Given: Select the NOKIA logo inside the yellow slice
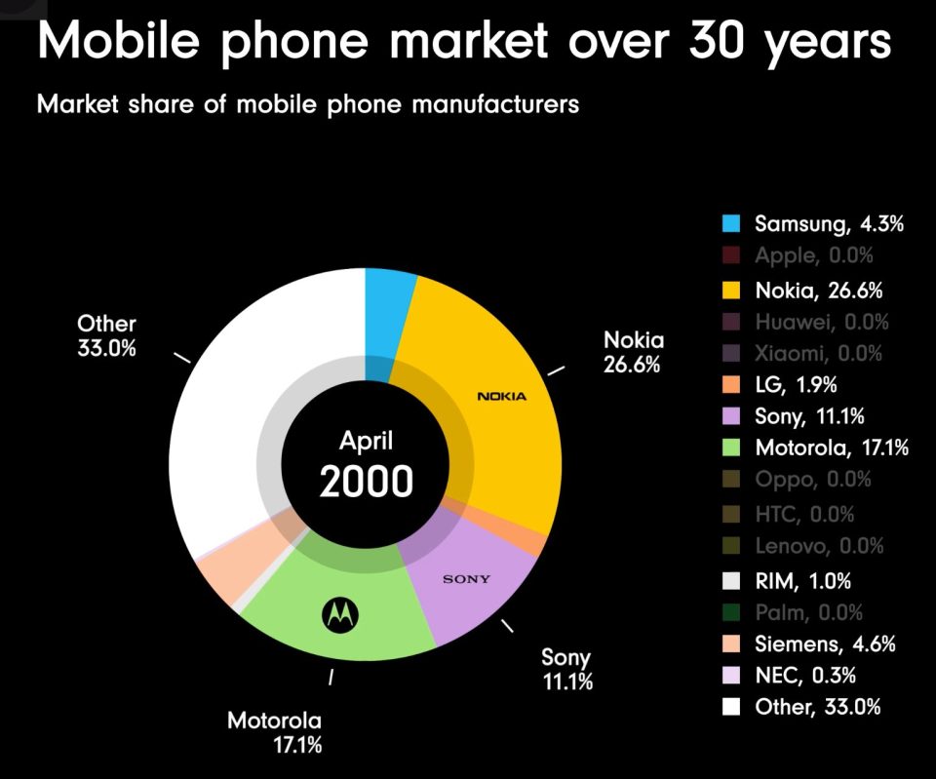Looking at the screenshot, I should tap(502, 396).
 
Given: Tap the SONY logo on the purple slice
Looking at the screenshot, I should tap(466, 579).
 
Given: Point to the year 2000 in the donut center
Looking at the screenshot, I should tap(366, 482).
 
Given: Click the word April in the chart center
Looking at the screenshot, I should tap(366, 440).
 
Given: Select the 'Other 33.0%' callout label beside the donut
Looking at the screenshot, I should tap(106, 334).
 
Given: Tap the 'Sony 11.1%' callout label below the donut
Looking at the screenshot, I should tap(566, 669).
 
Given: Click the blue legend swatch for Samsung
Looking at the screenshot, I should tap(730, 223).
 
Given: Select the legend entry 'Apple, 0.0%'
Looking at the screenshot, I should tap(813, 256).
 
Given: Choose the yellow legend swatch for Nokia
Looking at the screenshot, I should tap(730, 290).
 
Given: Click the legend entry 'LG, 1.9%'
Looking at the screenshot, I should tap(796, 384).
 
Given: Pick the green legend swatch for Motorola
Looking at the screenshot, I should tap(730, 448).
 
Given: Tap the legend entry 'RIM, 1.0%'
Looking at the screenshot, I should tap(802, 581).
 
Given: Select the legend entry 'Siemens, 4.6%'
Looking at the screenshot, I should tap(825, 643).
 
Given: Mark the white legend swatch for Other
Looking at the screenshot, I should tap(730, 707).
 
